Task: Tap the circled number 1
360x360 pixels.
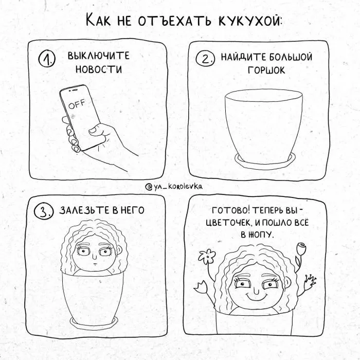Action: pos(47,59)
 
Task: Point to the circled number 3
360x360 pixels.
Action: pos(44,211)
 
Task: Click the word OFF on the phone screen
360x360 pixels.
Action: pos(77,104)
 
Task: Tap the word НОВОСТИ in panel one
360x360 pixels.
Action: pos(99,69)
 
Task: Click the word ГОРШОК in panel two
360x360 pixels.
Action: pos(266,70)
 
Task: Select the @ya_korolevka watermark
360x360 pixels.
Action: pos(174,186)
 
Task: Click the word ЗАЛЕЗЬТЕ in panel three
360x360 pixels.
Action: pos(85,210)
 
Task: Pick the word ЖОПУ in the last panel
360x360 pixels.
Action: pos(261,235)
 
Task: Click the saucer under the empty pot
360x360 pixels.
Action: pos(264,160)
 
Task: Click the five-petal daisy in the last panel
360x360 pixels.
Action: pos(207,256)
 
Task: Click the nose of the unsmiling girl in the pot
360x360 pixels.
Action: pos(94,257)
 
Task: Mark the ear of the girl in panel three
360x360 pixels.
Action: pos(119,250)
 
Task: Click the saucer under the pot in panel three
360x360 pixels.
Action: pos(94,322)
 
